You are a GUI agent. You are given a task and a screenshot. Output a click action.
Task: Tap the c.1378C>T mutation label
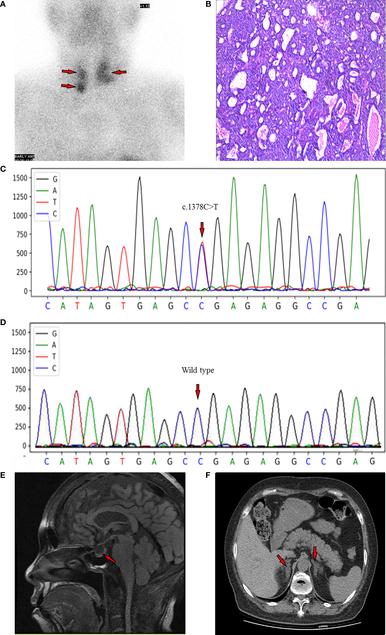pyautogui.click(x=200, y=207)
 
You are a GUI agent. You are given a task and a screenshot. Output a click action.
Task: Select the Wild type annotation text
pyautogui.click(x=198, y=370)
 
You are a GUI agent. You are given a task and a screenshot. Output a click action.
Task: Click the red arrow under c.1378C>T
pyautogui.click(x=202, y=229)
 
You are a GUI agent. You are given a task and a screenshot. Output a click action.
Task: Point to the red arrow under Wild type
pyautogui.click(x=198, y=391)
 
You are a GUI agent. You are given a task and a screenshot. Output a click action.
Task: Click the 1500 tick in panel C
pyautogui.click(x=20, y=178)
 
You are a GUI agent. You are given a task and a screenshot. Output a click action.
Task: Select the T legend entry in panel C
pyautogui.click(x=55, y=202)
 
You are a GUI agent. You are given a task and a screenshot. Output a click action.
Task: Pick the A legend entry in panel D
pyautogui.click(x=54, y=345)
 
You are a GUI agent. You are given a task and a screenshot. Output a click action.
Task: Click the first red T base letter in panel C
pyautogui.click(x=77, y=306)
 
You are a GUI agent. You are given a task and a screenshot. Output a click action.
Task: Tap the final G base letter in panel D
pyautogui.click(x=372, y=462)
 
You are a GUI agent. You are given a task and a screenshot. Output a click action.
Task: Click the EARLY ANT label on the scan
pyautogui.click(x=24, y=157)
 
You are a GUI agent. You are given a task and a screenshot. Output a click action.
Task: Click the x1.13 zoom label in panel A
pyautogui.click(x=145, y=6)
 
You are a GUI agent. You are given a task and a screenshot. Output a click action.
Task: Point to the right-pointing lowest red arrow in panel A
pyautogui.click(x=68, y=86)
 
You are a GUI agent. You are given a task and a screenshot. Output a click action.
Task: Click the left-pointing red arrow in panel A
pyautogui.click(x=119, y=72)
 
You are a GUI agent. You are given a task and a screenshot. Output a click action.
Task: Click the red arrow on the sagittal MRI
pyautogui.click(x=110, y=559)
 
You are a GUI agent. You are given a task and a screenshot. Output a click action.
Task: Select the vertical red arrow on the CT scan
pyautogui.click(x=315, y=553)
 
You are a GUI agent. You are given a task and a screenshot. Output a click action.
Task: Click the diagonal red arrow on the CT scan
pyautogui.click(x=282, y=560)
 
